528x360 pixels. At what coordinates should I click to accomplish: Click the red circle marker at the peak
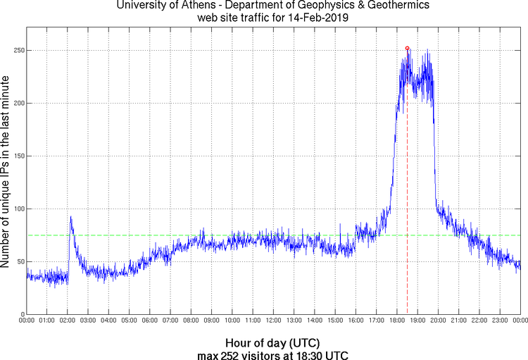coord(408,48)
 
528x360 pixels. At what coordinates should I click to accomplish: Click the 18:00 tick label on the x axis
coord(397,321)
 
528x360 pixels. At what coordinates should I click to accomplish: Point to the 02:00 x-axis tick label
coord(68,321)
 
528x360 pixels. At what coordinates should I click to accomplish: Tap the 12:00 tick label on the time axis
coord(273,321)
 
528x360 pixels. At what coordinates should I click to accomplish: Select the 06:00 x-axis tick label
coord(150,321)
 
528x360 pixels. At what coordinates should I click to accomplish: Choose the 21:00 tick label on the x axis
coord(458,321)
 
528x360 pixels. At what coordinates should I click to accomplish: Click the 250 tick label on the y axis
coord(15,51)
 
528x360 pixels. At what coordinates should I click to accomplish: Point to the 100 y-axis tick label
coord(15,209)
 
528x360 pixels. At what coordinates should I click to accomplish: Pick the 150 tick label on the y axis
coord(15,156)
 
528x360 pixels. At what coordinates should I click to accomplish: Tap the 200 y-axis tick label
coord(15,104)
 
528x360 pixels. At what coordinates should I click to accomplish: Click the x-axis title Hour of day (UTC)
coord(272,343)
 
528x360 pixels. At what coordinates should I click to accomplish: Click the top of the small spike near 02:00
coord(70,216)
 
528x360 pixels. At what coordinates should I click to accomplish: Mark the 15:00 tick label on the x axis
coord(335,321)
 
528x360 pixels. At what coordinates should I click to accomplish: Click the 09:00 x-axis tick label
coord(212,321)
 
